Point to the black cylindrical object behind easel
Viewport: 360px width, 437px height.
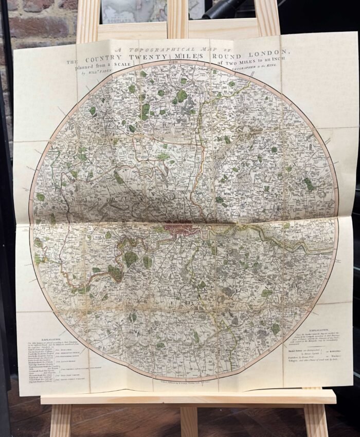pyautogui.click(x=226, y=7)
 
